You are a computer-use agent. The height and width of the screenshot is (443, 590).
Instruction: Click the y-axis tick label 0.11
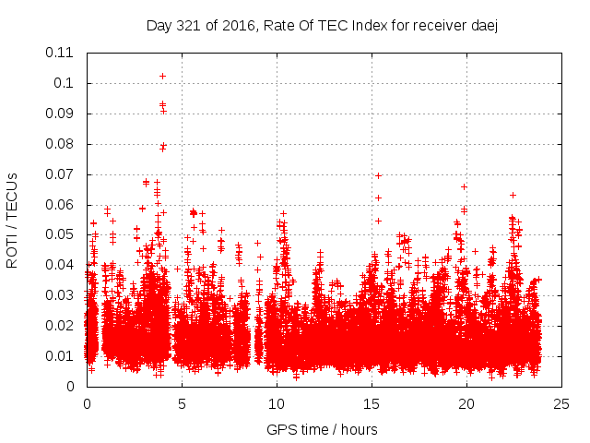62,53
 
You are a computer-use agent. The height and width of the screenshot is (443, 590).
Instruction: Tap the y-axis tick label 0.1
65,83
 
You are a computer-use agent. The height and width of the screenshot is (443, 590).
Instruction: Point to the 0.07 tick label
62,174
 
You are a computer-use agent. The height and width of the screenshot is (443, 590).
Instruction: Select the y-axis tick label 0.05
62,234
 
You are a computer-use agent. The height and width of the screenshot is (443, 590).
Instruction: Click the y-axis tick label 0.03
62,295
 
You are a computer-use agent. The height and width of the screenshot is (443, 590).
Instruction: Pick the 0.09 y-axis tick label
62,114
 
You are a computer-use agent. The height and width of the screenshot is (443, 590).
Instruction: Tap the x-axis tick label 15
372,403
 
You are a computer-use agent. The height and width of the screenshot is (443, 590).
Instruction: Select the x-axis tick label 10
277,403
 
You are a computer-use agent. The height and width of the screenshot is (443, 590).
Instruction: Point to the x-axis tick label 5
182,403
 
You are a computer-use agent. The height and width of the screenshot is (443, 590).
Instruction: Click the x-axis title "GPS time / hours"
324,429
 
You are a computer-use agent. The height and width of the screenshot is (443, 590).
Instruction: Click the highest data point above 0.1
162,76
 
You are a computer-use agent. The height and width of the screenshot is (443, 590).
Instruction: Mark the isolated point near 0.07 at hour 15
378,175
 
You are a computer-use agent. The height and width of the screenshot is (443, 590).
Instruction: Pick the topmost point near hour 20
464,186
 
